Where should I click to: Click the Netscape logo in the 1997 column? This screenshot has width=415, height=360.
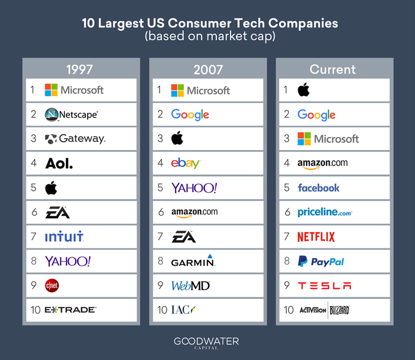71,114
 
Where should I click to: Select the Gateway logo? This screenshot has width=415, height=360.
75,139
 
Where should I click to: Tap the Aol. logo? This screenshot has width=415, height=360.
59,163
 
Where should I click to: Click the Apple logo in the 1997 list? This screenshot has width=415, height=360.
52,187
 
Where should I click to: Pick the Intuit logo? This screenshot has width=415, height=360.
64,237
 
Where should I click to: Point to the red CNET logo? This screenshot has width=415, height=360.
52,285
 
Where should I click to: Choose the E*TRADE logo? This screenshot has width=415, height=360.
71,310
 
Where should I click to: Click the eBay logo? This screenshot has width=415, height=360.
186,163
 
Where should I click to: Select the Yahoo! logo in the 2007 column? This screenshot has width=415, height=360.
194,188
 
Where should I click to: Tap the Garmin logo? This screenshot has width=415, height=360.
193,261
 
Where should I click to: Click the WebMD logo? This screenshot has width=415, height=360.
190,285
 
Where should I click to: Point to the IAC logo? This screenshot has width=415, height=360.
183,310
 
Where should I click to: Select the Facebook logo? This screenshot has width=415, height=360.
318,187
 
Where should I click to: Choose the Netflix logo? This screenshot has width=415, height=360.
316,237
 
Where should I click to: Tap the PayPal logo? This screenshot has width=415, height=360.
321,261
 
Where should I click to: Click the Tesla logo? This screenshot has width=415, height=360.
324,285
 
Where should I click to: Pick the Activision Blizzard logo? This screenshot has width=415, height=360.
324,310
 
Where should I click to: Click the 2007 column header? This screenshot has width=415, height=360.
206,69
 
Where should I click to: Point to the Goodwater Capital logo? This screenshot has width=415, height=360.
206,343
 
